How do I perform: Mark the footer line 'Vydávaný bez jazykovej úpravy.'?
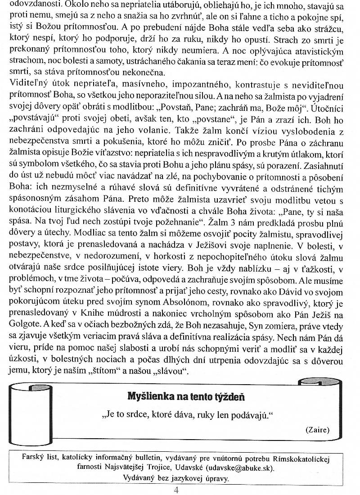click(176, 477)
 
